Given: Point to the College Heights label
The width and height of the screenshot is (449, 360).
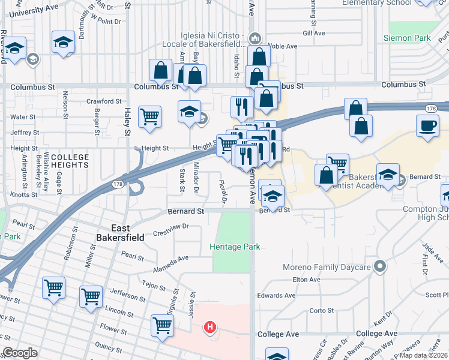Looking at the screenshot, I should tap(70, 161).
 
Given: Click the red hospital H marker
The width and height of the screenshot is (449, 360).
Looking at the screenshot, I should tap(210, 328).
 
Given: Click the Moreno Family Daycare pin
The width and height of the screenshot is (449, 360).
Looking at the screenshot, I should tap(379, 265).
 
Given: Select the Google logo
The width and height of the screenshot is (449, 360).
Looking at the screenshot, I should tap(20, 353).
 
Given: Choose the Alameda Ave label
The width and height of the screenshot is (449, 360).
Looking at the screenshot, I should tap(170, 261).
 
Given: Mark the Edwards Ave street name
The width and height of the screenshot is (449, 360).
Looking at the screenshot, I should tap(276, 295).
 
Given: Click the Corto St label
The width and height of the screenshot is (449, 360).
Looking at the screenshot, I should tap(321, 310).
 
